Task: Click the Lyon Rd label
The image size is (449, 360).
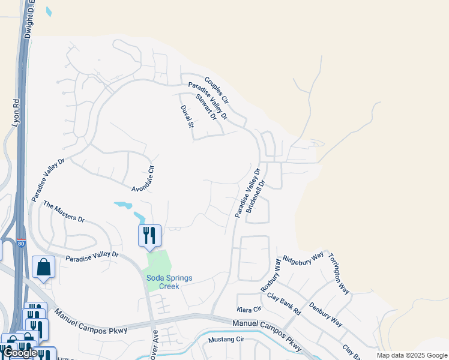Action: point(16,112)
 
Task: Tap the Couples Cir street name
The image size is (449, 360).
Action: point(216,88)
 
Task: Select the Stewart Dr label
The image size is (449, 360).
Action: point(206,106)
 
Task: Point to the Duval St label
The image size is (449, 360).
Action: point(188,116)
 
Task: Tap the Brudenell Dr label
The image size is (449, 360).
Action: point(255,200)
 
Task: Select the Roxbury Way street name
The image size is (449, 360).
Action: point(271,275)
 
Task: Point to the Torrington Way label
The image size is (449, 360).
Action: point(339,274)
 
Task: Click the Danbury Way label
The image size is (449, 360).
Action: point(326,314)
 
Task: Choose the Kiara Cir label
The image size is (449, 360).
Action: point(250,309)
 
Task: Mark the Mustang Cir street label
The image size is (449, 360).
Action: point(226,340)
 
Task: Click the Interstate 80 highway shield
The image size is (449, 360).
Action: point(21,244)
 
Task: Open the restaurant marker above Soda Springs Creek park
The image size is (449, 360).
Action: point(149,235)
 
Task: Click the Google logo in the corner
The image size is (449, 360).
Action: point(20,353)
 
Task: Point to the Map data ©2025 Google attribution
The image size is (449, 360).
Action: point(411,355)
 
